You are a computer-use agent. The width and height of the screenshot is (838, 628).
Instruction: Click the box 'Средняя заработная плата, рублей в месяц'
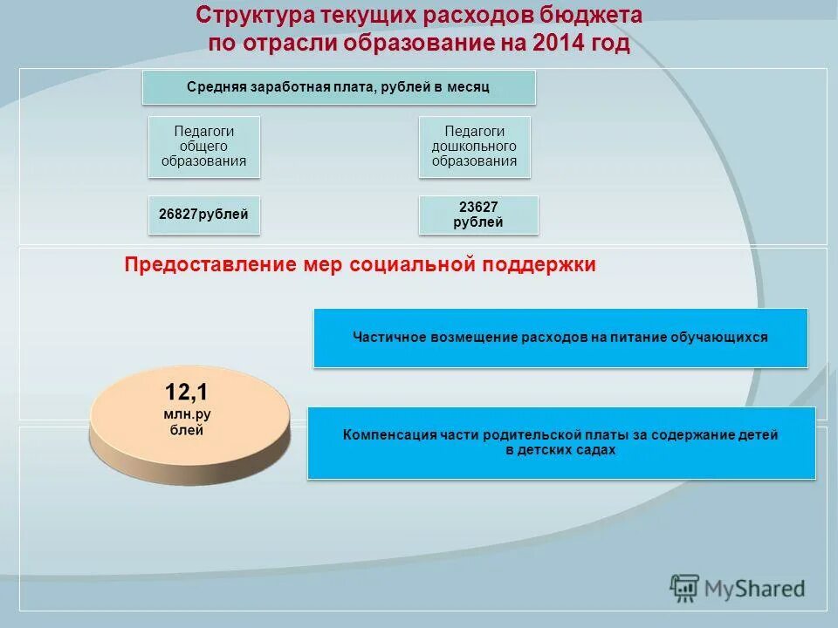pos(339,87)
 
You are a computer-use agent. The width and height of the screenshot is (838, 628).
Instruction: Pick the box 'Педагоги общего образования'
pos(203,146)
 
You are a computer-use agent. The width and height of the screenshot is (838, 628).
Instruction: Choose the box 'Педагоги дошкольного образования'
pos(474,146)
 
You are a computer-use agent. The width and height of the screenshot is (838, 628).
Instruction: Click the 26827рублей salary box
pos(203,215)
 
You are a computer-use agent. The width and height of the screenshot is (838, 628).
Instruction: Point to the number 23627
pos(478,207)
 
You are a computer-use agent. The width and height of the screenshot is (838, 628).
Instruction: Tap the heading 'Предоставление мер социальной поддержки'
pos(360,265)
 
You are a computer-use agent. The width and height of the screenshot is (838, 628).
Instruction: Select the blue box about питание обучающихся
pos(560,337)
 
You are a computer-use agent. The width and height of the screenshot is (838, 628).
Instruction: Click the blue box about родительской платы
pos(560,442)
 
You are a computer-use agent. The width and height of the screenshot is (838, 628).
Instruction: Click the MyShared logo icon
pos(685,588)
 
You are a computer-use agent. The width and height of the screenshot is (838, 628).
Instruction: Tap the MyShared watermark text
pos(756,589)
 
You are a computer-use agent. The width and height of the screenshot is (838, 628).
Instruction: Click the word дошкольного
pos(474,146)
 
